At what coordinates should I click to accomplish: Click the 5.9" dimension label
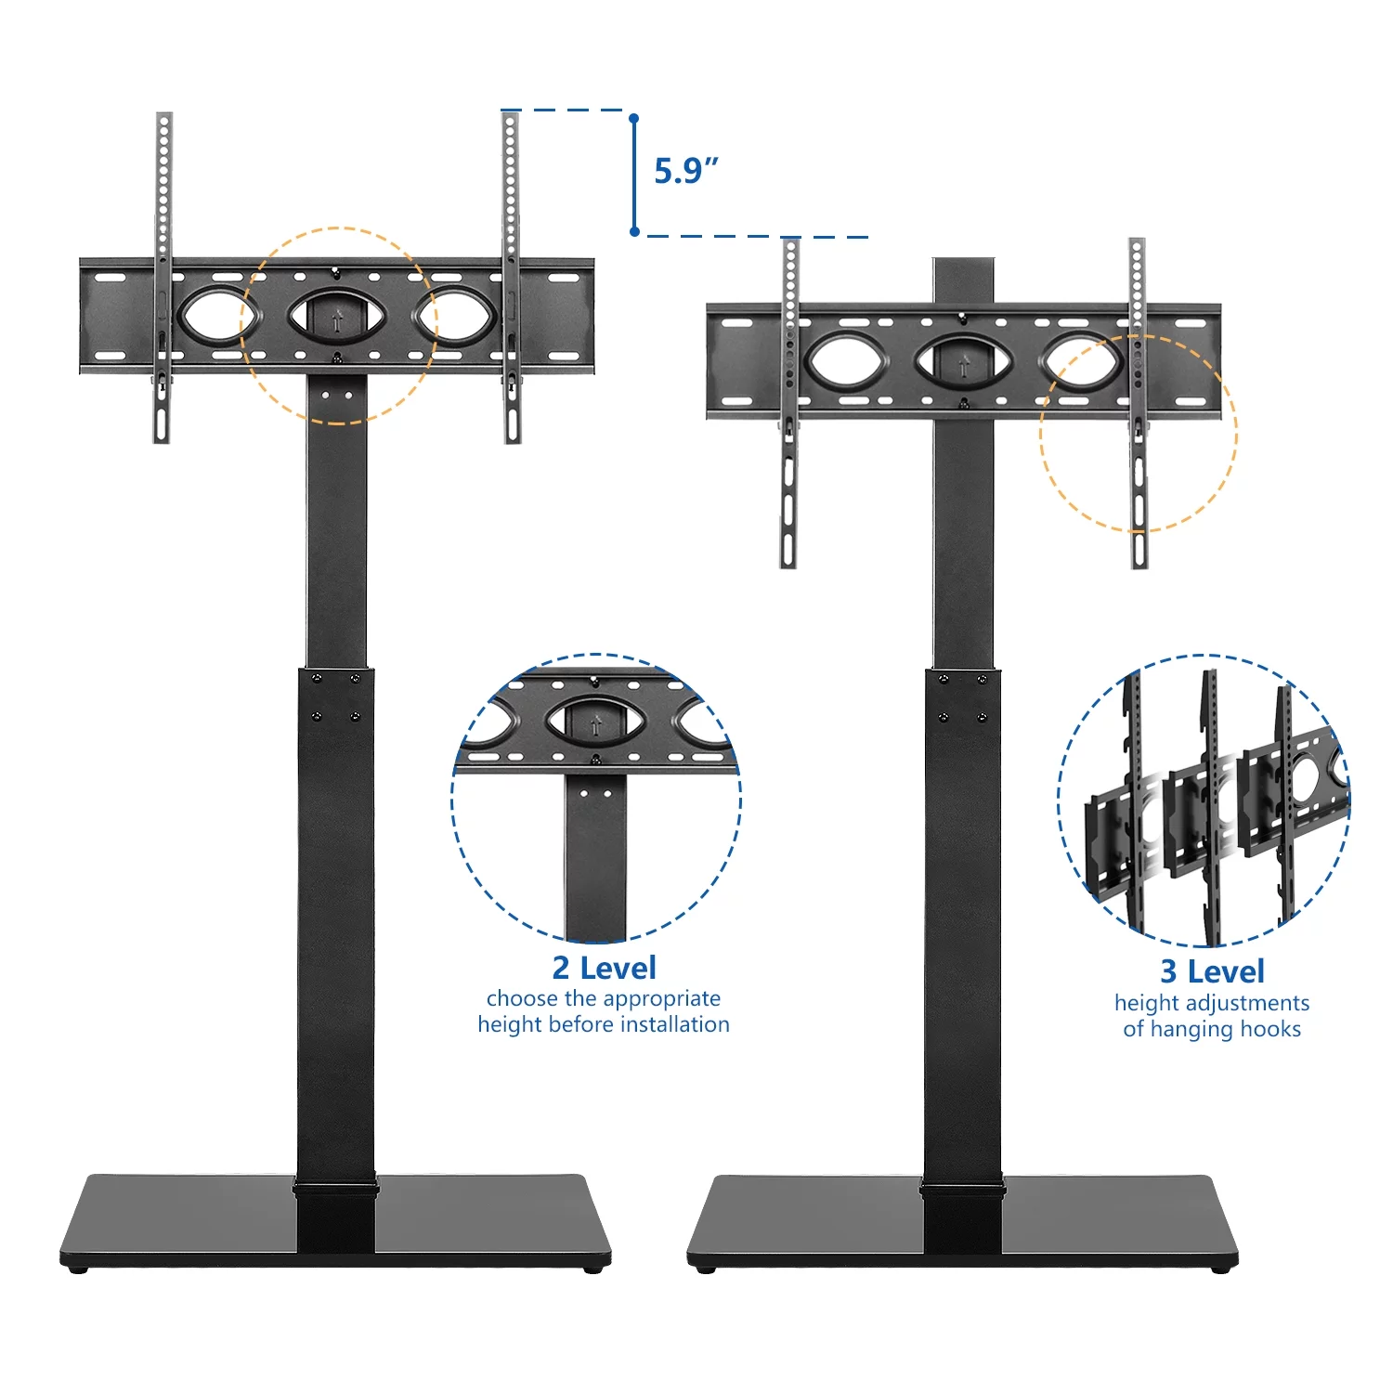(686, 172)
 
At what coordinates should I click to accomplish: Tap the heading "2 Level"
(605, 968)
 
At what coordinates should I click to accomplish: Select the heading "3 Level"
(1212, 971)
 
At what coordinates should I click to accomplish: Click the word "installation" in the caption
(675, 1024)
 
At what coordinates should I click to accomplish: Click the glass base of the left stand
(336, 1218)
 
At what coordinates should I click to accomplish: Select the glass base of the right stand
(963, 1219)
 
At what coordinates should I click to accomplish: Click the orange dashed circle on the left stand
(338, 228)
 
